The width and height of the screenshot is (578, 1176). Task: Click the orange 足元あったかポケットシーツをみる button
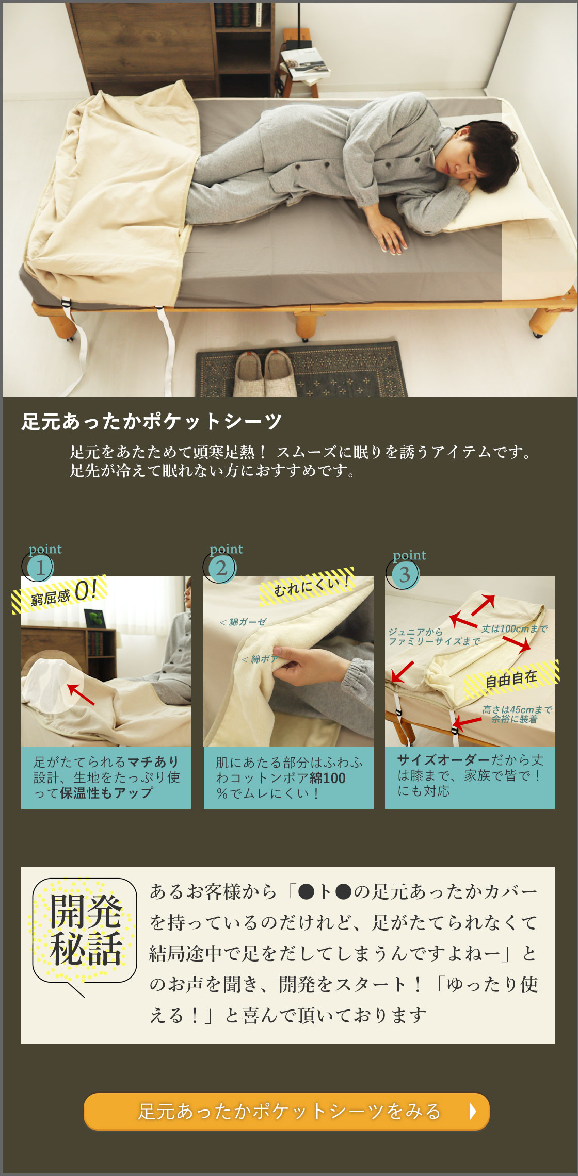pos(286,1111)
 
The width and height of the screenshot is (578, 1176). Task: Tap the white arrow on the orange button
pos(473,1111)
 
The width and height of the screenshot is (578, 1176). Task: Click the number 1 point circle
pos(40,568)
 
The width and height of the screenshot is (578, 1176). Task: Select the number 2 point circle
pos(221,568)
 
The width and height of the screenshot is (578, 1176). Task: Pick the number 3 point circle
pos(404,574)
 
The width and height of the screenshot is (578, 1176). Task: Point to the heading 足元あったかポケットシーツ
pos(152,421)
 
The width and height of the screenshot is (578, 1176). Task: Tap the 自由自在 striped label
pos(511,680)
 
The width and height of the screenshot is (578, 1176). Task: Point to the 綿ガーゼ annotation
pos(243,622)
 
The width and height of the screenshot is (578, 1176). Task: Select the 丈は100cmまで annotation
pos(514,628)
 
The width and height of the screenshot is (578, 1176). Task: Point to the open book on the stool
pos(305,62)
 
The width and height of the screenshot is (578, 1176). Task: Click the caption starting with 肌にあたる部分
pos(288,777)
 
